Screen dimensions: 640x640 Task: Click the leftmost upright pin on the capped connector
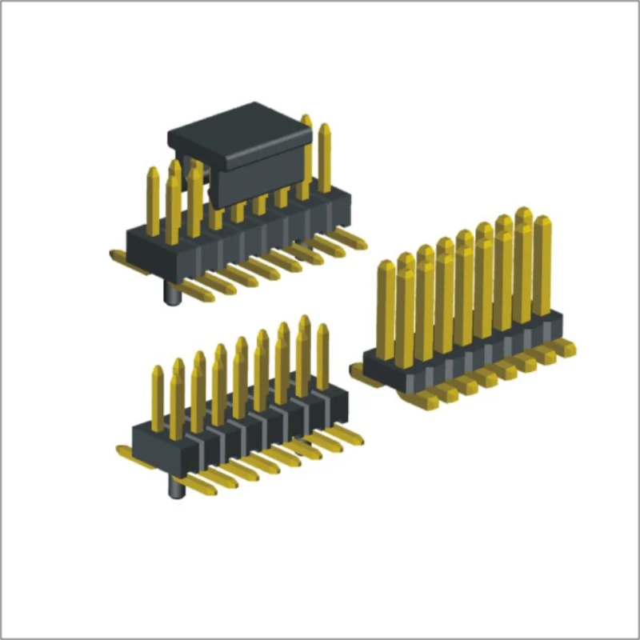[152, 200]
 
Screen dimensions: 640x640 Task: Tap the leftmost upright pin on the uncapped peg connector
[158, 396]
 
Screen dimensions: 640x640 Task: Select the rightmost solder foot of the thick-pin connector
[563, 347]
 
